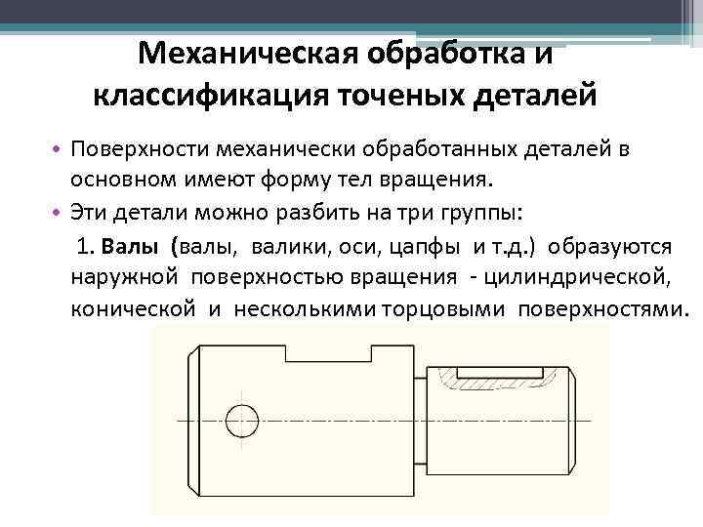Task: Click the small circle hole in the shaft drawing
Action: (x=240, y=420)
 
